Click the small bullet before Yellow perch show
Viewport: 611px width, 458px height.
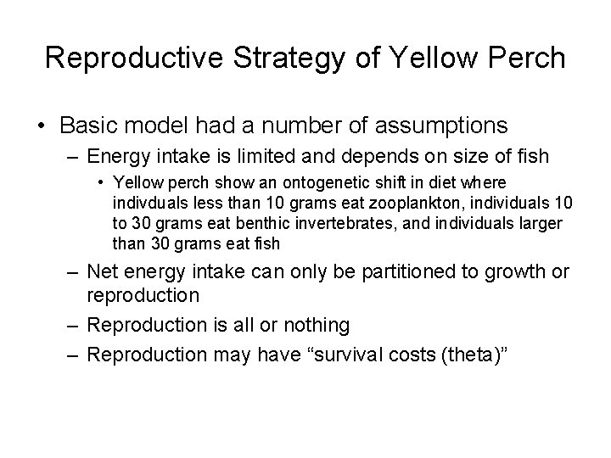point(100,182)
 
